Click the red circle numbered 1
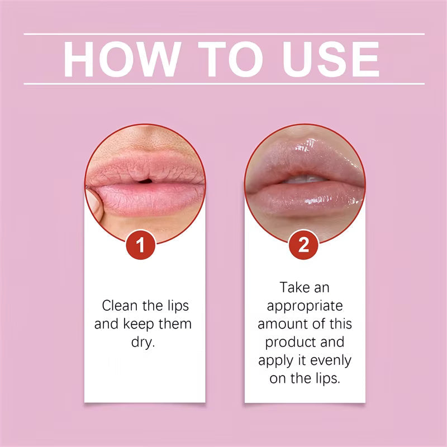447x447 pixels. (144, 246)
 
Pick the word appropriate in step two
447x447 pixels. (305, 306)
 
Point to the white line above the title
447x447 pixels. (223, 35)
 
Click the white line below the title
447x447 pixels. (223, 84)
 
